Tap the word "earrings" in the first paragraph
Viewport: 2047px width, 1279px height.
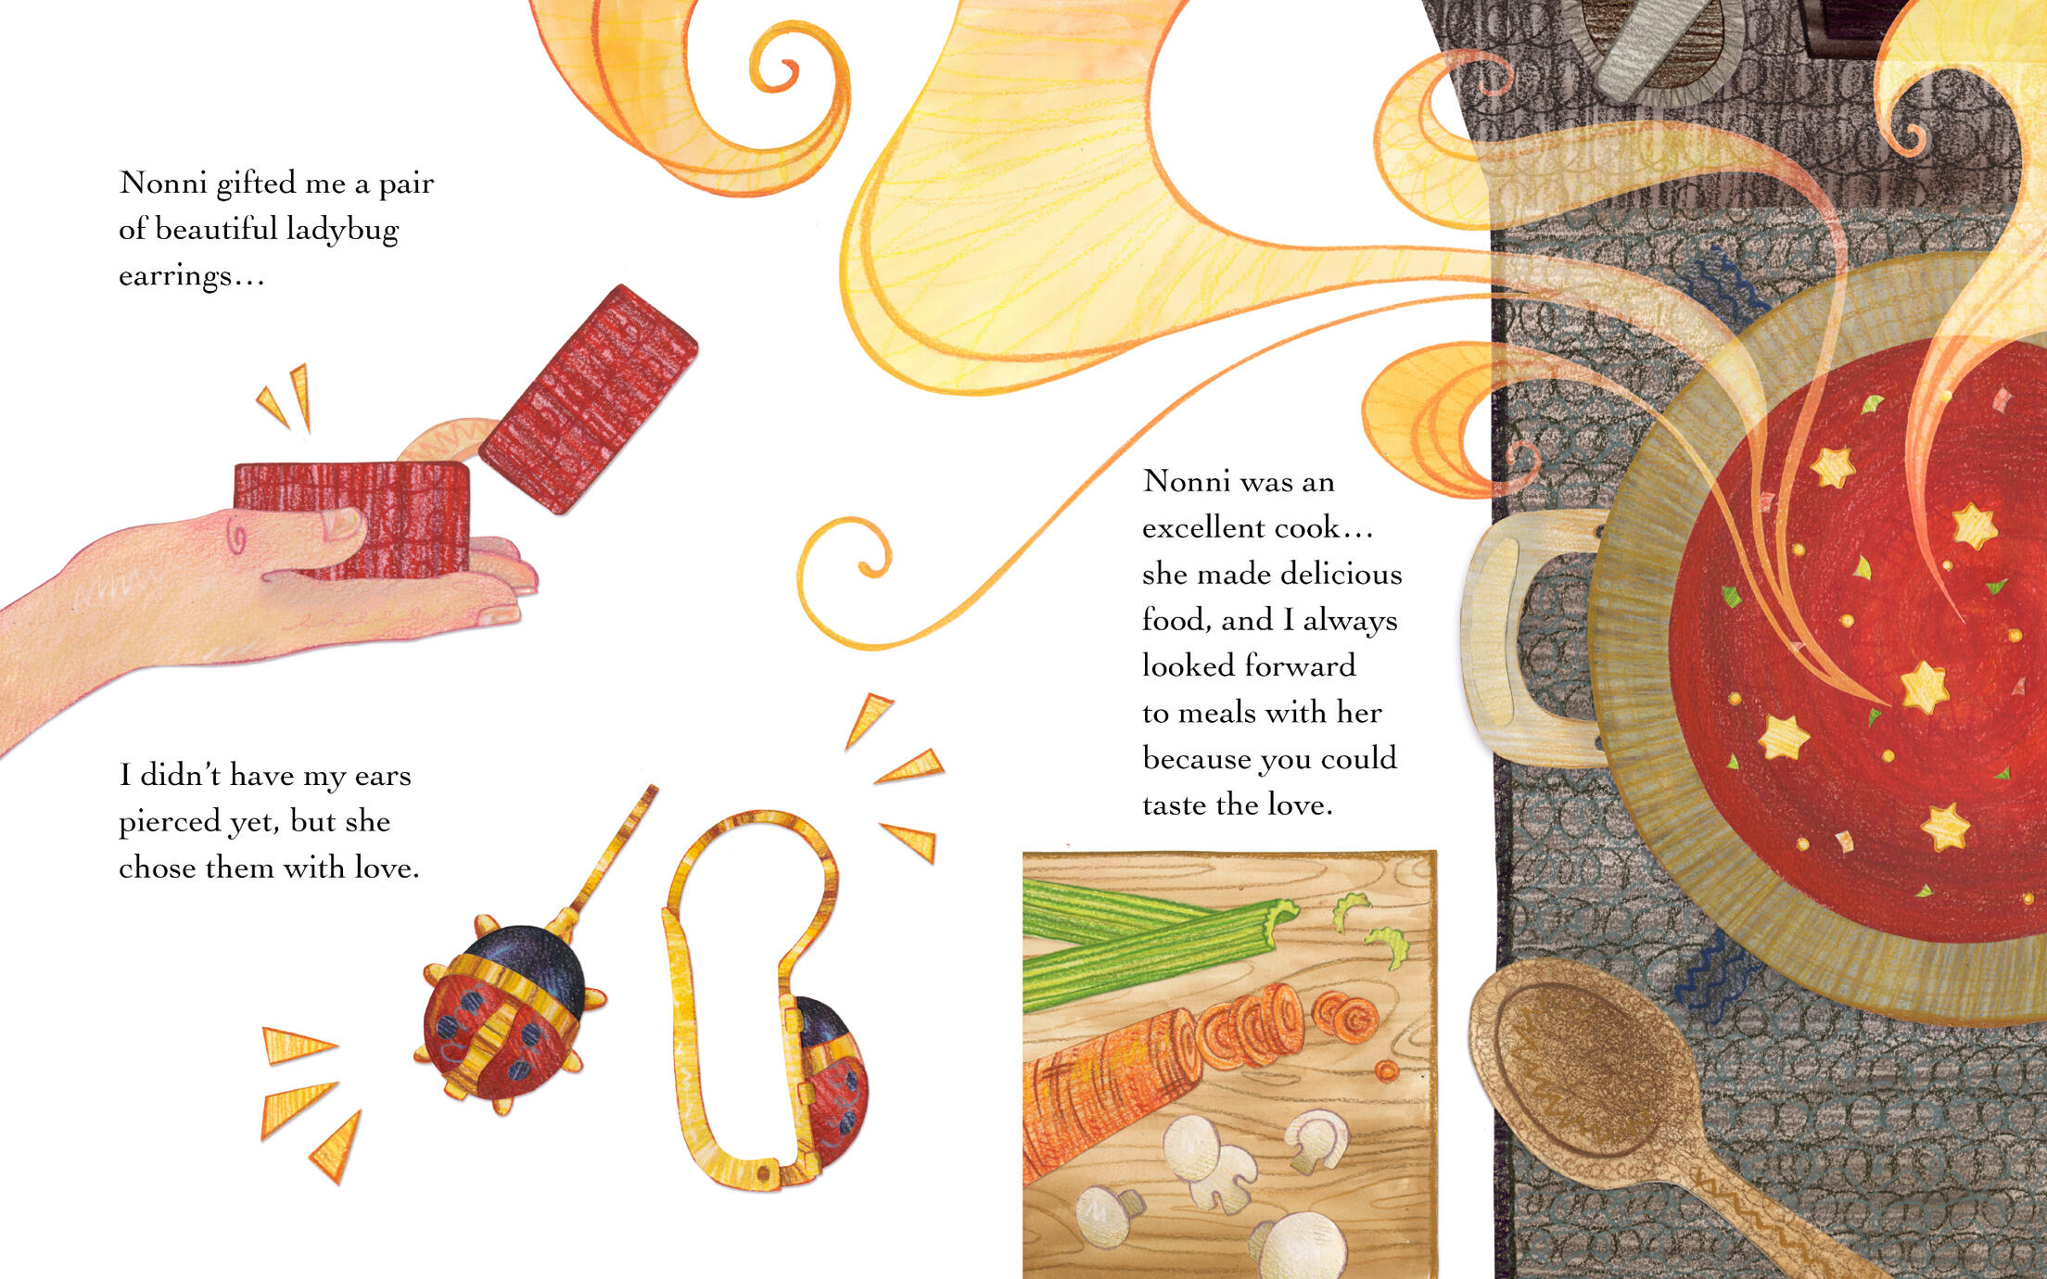[175, 276]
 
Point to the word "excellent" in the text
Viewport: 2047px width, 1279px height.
[1203, 527]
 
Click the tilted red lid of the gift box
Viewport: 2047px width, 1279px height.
[588, 399]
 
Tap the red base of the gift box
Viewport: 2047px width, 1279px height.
[351, 520]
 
